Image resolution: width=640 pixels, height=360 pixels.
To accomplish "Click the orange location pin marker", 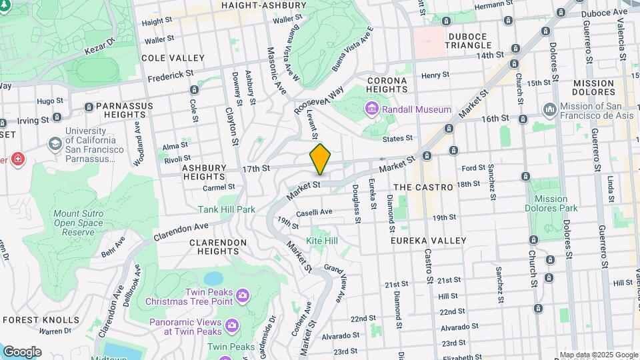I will (x=320, y=159).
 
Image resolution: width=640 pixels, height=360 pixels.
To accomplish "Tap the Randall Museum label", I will (x=417, y=109).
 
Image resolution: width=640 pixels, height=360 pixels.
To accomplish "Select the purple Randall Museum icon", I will (x=371, y=109).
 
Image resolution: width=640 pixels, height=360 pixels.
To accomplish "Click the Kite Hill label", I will (x=322, y=240).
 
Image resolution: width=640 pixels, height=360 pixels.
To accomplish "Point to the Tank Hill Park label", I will (x=227, y=209).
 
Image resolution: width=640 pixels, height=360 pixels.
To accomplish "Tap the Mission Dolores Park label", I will (x=551, y=204).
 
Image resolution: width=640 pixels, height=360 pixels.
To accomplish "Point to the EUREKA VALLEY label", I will (x=429, y=240).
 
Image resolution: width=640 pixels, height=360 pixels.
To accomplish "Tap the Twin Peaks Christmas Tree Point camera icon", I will (x=243, y=295).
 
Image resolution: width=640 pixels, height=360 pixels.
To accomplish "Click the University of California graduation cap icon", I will (x=53, y=144).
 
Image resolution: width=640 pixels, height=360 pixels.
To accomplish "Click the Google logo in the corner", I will (x=22, y=351).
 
